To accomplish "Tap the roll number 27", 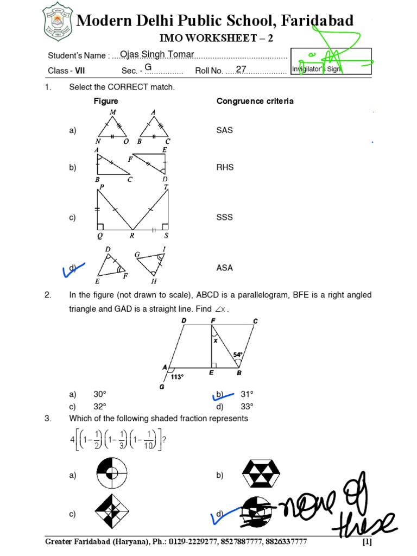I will click(x=241, y=69).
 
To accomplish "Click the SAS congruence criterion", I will click(x=224, y=131).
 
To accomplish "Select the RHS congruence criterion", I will click(x=225, y=167).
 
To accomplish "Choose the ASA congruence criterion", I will click(x=224, y=268).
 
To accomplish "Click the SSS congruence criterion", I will click(x=224, y=217).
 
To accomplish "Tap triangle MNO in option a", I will click(x=113, y=128).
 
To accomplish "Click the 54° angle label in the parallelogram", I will click(x=238, y=355).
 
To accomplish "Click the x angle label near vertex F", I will click(x=215, y=341).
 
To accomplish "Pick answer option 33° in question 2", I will click(x=248, y=406).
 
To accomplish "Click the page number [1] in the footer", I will click(x=367, y=542).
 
